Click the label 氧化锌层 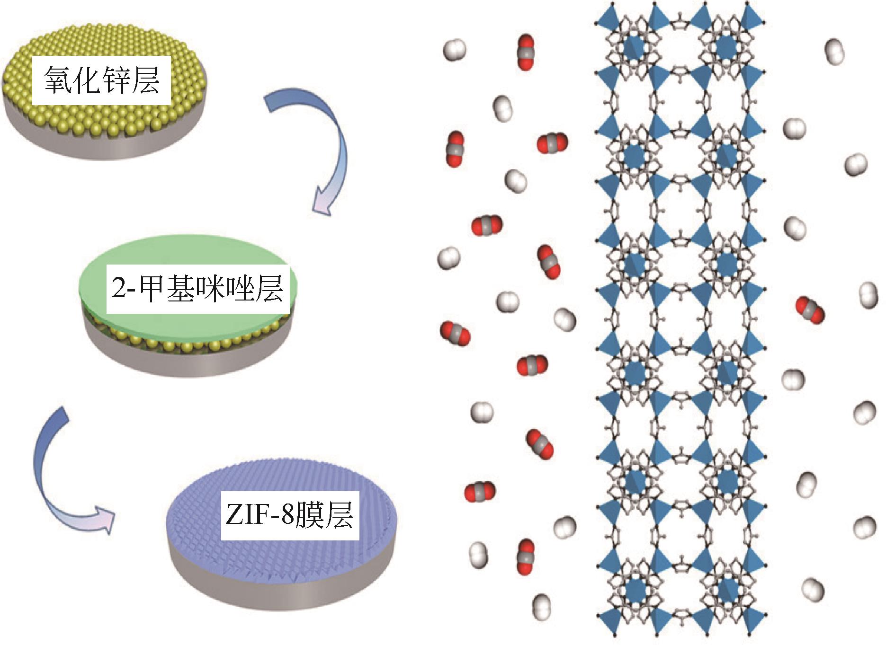[101, 80]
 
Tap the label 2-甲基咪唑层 [197, 288]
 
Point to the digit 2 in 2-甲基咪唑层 [119, 289]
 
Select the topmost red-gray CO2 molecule [525, 52]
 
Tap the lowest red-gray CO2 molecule [525, 557]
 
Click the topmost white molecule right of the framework [834, 52]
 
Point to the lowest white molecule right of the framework [813, 590]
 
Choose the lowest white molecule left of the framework [541, 606]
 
